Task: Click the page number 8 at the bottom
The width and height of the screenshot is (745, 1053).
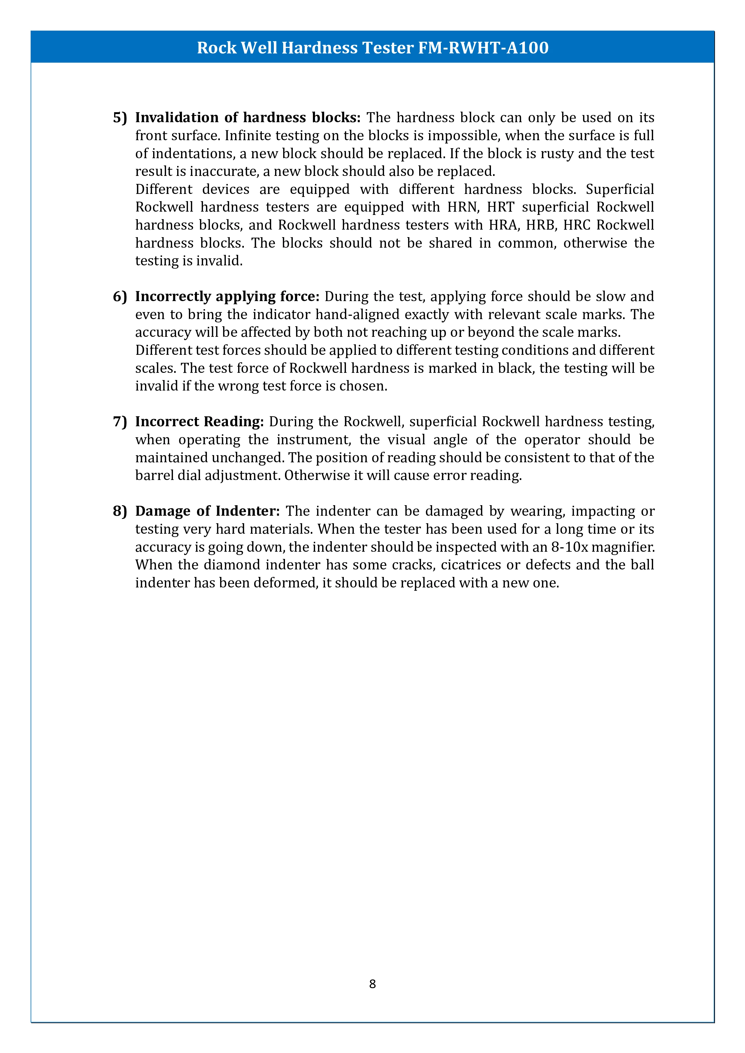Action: coord(372,983)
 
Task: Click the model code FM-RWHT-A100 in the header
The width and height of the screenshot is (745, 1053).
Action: coord(483,48)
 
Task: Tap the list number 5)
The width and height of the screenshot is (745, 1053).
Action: coord(120,118)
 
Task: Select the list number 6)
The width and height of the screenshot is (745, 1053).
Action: coord(120,297)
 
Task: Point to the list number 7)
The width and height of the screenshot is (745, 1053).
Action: coord(120,422)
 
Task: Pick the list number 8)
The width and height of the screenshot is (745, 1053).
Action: coord(120,511)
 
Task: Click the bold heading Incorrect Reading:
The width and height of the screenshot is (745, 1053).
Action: coord(200,422)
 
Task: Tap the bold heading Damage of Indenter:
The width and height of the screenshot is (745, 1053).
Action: coord(207,511)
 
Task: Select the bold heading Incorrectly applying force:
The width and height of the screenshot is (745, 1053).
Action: coord(227,297)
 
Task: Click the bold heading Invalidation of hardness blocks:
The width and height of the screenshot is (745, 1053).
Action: coord(248,118)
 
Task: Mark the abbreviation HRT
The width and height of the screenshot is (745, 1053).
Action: coord(501,207)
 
